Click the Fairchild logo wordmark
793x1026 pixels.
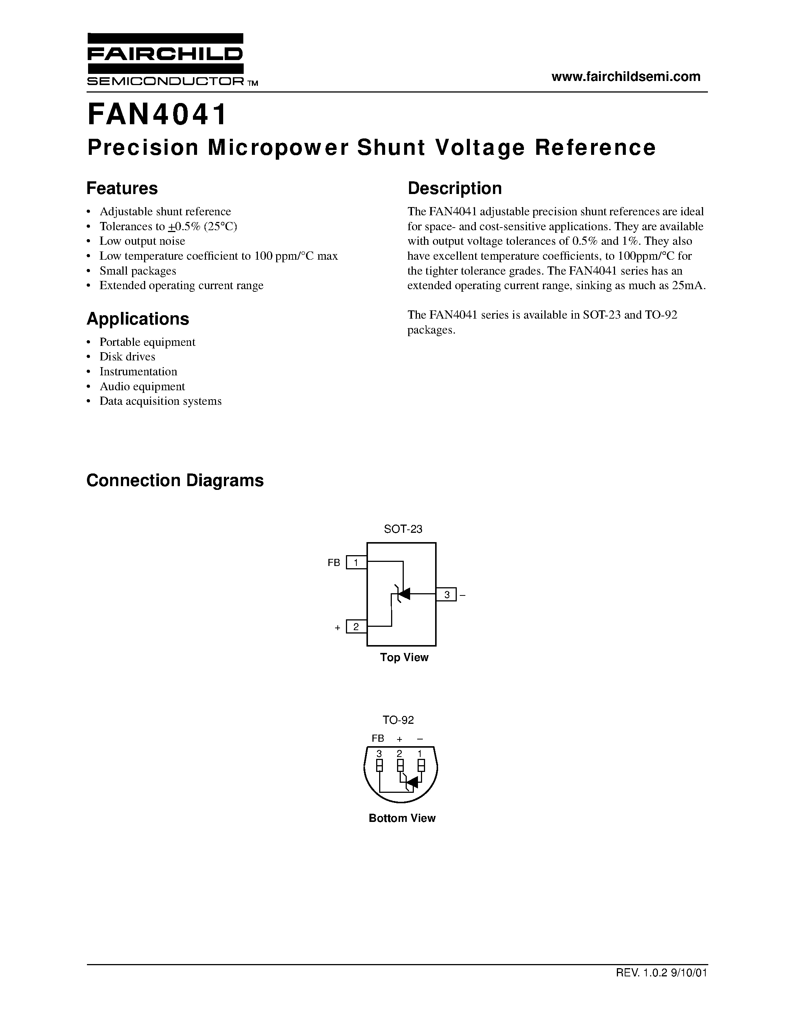(x=165, y=54)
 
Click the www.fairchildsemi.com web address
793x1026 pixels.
(x=626, y=76)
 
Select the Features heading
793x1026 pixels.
(x=122, y=188)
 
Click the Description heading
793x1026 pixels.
(x=454, y=188)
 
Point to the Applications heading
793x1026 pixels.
(x=138, y=319)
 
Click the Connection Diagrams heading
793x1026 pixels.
(x=175, y=480)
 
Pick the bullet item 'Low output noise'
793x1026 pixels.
(x=142, y=241)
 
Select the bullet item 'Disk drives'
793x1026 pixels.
(x=127, y=357)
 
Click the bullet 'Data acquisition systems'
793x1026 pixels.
(x=160, y=401)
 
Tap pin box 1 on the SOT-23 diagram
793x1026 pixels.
(x=356, y=562)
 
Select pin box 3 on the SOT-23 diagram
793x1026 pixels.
(x=446, y=595)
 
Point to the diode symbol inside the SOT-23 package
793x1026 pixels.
(x=403, y=594)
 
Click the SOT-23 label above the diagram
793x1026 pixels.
(x=403, y=529)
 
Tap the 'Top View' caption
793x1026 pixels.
(x=404, y=657)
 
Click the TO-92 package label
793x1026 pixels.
(x=398, y=720)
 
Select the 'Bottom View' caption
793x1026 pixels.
(x=402, y=818)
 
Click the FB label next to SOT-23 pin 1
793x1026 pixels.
(x=334, y=562)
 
